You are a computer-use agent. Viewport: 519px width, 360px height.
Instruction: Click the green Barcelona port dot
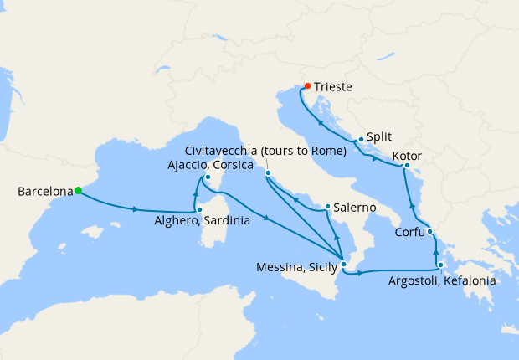click(x=78, y=191)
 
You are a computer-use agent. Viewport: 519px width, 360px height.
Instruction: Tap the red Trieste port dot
click(x=307, y=85)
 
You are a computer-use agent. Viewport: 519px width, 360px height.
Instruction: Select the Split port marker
click(x=361, y=140)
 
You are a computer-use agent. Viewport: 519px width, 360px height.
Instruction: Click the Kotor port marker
click(x=407, y=166)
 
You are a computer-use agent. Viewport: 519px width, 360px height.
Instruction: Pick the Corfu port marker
click(x=429, y=232)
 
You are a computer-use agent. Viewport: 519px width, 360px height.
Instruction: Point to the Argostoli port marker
click(x=439, y=265)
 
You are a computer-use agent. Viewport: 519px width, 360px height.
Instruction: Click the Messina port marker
click(x=343, y=265)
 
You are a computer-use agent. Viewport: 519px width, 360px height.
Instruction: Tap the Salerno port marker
click(x=327, y=206)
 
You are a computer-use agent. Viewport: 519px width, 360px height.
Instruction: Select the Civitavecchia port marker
click(x=269, y=173)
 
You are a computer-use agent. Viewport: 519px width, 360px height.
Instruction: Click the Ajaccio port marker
click(x=208, y=177)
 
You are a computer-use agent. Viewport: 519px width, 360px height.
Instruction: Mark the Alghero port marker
click(x=198, y=209)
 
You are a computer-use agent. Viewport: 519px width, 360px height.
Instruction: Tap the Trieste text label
click(x=334, y=87)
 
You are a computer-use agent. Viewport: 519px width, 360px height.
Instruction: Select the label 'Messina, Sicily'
click(x=298, y=268)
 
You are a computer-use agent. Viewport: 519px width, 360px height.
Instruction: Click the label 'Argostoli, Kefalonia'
click(x=442, y=281)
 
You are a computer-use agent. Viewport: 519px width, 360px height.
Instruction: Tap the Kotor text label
click(x=407, y=157)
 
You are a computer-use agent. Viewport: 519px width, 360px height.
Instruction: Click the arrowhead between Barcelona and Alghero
click(x=136, y=209)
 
